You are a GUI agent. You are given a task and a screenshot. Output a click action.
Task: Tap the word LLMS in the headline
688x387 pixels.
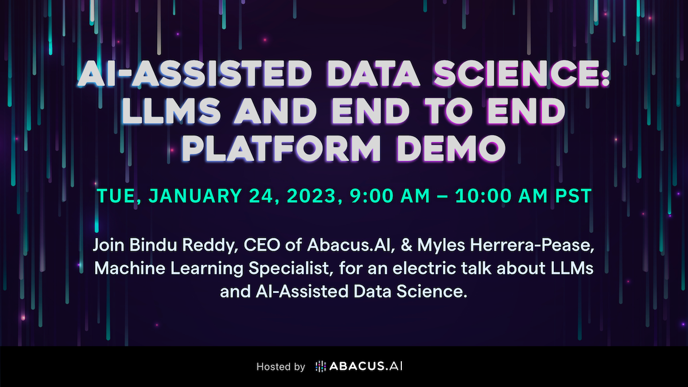tap(171, 111)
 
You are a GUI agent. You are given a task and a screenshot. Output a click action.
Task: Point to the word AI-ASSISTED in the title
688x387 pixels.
tap(194, 73)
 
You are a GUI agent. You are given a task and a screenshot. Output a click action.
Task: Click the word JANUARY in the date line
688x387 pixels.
tap(195, 196)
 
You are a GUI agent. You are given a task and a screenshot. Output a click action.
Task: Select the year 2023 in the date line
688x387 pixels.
tap(311, 196)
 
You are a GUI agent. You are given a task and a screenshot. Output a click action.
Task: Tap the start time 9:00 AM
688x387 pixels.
tap(390, 196)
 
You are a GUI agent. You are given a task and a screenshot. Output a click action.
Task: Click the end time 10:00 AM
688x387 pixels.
tap(501, 196)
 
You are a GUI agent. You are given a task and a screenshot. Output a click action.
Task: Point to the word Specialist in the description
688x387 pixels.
tap(288, 269)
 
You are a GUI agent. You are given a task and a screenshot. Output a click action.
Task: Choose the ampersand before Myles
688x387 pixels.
tap(406, 245)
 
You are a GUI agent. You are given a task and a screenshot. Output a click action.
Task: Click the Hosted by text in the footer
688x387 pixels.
tap(281, 366)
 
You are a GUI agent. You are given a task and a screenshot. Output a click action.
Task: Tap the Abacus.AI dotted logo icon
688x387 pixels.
tap(320, 366)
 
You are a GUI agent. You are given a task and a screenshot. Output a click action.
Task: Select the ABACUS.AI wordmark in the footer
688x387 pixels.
tap(366, 366)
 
